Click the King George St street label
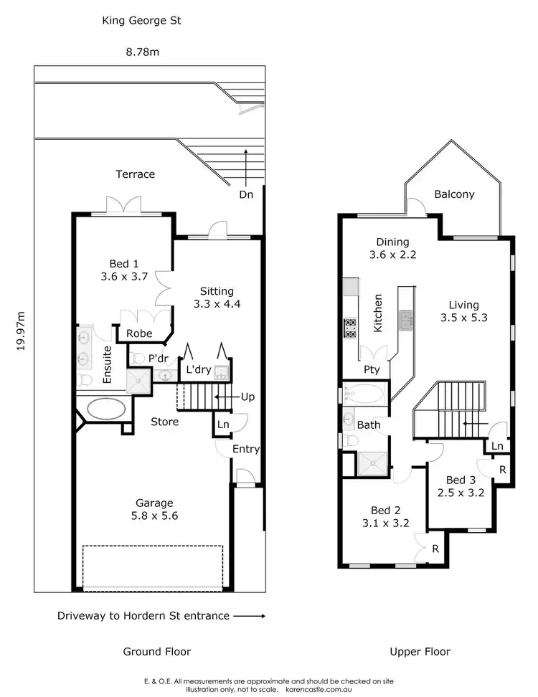pos(141,21)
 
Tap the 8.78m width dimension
pos(142,52)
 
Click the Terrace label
pos(136,174)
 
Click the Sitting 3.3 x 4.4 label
pos(217,297)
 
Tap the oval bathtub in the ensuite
pos(106,408)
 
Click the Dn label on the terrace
pos(247,195)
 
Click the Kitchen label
pos(378,312)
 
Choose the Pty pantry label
pos(371,370)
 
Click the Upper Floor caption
pos(420,652)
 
